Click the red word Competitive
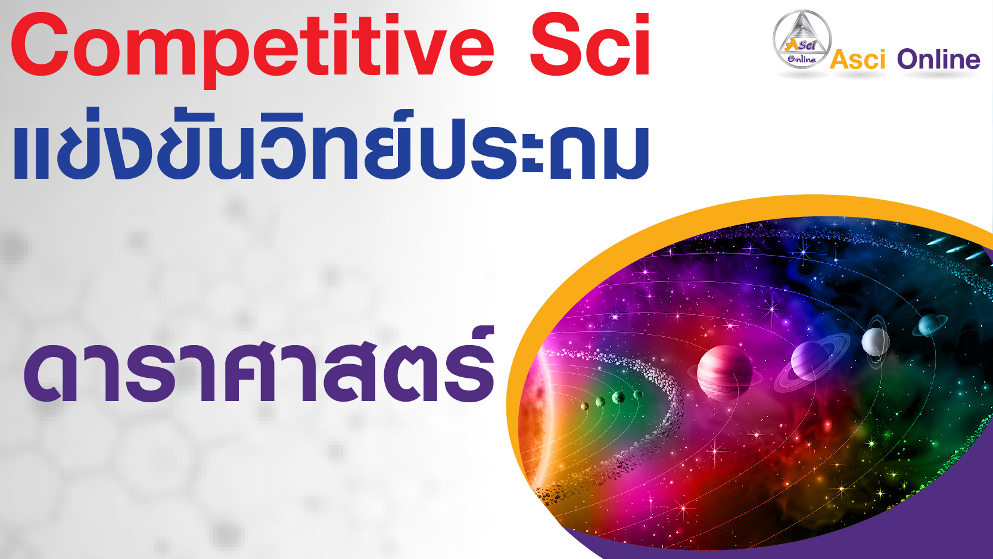pyautogui.click(x=252, y=47)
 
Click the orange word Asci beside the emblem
pyautogui.click(x=857, y=60)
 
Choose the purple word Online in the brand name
pyautogui.click(x=938, y=60)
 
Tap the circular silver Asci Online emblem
pyautogui.click(x=802, y=39)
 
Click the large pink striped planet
pyautogui.click(x=725, y=372)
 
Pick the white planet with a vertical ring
pyautogui.click(x=876, y=341)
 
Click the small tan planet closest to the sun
pyautogui.click(x=585, y=406)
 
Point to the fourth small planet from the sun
pyautogui.click(x=638, y=394)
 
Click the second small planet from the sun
pyautogui.click(x=600, y=402)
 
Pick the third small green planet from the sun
pyautogui.click(x=618, y=397)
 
